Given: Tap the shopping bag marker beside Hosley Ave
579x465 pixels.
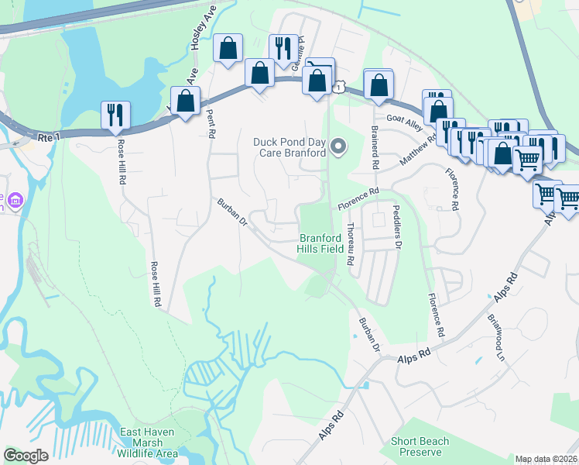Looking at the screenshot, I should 228,49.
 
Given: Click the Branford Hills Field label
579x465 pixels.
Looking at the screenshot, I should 321,243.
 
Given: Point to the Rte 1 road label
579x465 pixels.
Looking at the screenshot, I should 48,137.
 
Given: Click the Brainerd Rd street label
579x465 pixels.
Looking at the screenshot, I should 375,147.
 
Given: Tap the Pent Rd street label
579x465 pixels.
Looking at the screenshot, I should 209,123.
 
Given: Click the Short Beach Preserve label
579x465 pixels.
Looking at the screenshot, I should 420,446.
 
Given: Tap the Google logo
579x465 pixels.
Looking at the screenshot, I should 26,456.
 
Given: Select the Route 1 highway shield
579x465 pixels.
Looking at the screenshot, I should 338,88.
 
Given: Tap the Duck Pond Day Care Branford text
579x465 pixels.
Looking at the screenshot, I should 289,147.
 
